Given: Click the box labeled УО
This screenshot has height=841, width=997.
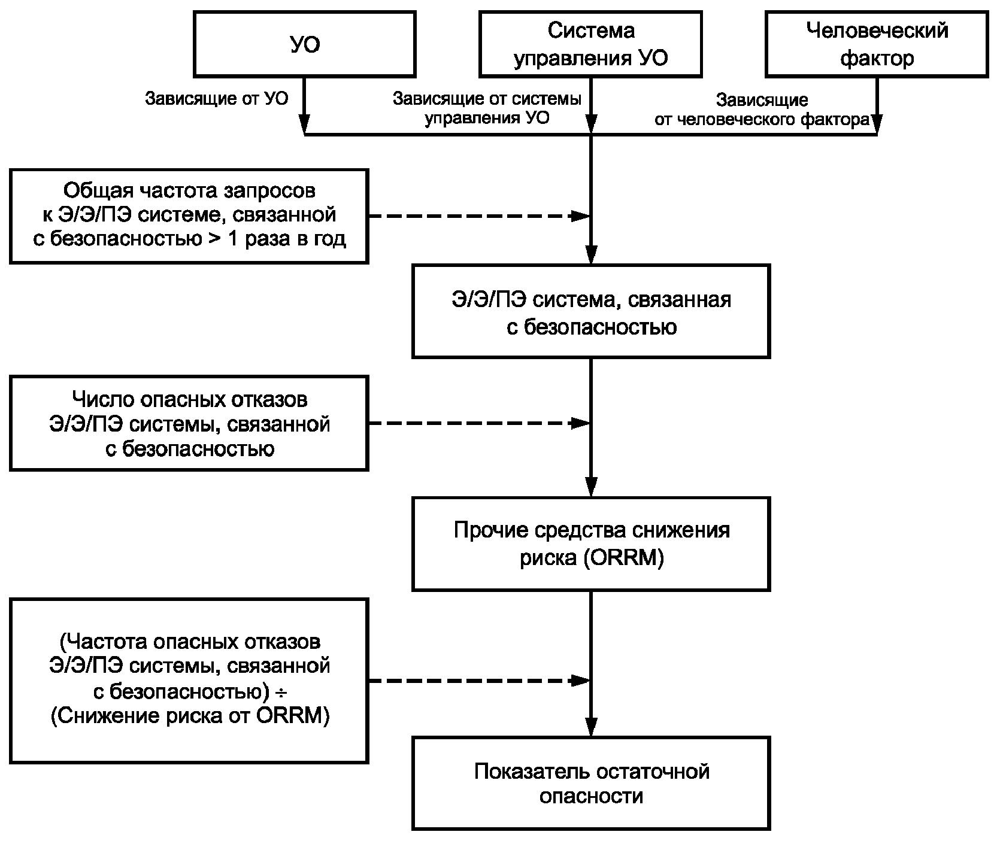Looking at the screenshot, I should point(305,45).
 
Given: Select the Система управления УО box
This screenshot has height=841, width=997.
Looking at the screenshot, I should point(590,45).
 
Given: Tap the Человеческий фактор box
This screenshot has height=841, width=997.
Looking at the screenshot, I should point(877,45).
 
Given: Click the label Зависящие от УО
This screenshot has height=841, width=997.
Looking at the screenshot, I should point(216,99).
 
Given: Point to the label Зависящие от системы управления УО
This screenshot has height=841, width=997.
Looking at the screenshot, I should point(487,108).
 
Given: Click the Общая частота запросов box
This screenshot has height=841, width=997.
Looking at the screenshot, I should point(189,215).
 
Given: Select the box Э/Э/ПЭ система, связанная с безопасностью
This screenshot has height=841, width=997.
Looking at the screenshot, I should point(590,312).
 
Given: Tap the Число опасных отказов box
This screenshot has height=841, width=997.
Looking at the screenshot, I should point(189,423).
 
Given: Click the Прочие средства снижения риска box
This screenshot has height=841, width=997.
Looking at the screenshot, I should point(590,544).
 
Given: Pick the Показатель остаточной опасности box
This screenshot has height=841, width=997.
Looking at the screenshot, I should point(590,783).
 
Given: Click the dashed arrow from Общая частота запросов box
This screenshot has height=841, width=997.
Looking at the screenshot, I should point(479,216).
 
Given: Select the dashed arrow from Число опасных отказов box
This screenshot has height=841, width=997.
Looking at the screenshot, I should point(479,423).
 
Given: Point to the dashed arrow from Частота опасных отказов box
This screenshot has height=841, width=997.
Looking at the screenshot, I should point(479,680).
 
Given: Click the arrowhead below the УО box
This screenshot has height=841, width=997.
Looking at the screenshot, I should point(305,125).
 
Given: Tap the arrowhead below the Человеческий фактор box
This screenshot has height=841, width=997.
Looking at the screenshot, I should point(877,125).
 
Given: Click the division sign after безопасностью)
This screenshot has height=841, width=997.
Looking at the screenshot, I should point(280,693).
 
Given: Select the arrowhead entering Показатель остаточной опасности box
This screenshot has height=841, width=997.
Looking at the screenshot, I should point(591,726).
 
